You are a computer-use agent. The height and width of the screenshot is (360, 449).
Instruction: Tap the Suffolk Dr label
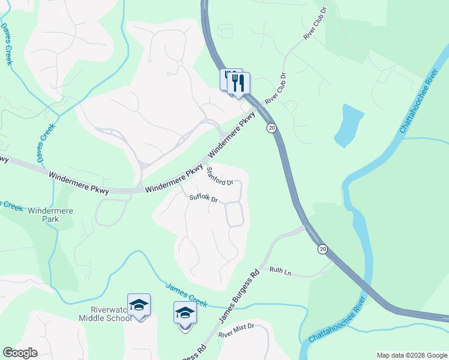(203, 198)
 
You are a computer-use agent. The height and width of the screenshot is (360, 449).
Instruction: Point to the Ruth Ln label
(280, 272)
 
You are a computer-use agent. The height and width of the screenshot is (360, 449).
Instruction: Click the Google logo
(20, 353)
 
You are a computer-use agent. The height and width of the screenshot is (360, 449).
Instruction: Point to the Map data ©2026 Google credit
(412, 355)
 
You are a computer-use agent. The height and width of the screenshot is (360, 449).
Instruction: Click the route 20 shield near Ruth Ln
(322, 248)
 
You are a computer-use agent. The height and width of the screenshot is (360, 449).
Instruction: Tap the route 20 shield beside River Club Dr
(272, 128)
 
